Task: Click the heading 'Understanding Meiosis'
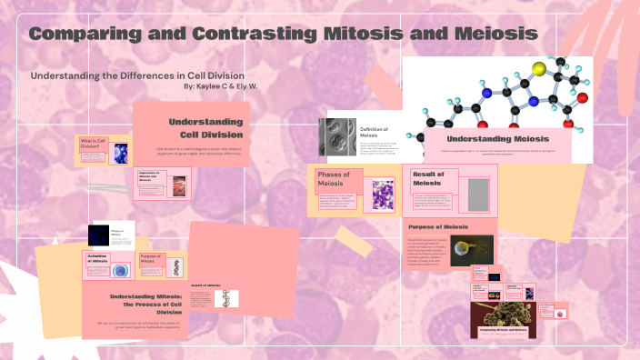pyautogui.click(x=496, y=137)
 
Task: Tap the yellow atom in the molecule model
pyautogui.click(x=513, y=68)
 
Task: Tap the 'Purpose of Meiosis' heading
pyautogui.click(x=437, y=226)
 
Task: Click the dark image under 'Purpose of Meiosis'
pyautogui.click(x=472, y=250)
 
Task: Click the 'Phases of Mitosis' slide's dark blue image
pyautogui.click(x=98, y=235)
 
